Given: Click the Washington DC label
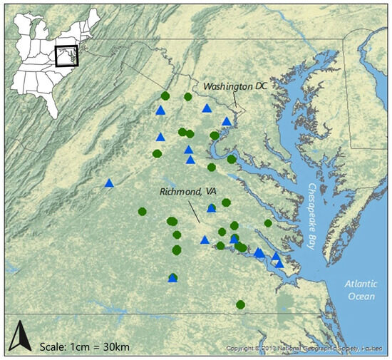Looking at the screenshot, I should click(237, 86).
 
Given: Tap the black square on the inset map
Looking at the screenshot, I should click(66, 56).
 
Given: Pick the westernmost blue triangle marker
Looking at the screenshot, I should click(109, 183).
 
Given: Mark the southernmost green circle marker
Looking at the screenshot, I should click(241, 304).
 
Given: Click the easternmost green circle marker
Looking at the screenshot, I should click(268, 223).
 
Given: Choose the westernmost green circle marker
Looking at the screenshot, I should click(143, 211).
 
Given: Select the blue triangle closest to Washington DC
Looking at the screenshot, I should click(227, 121).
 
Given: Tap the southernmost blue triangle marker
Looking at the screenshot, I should click(172, 278).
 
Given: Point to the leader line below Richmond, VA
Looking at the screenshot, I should click(194, 210).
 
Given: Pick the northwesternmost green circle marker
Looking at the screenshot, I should click(165, 96).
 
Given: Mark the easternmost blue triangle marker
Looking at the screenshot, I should click(279, 263).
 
